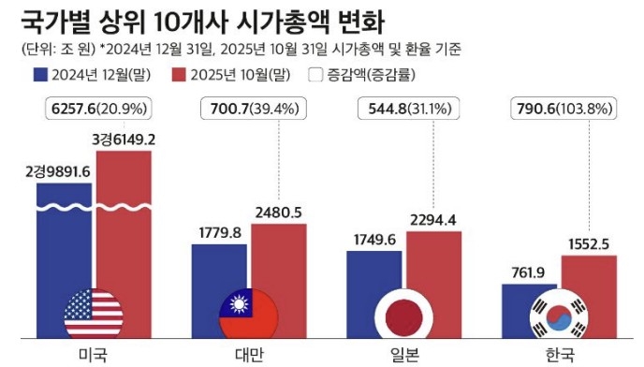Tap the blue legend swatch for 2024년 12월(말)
(41, 76)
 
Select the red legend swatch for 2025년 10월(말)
(182, 76)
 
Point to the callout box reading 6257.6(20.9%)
(96, 110)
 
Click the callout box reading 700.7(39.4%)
(250, 110)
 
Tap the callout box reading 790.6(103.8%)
(560, 110)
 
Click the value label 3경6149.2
(124, 139)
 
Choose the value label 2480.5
(277, 213)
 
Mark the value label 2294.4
(433, 220)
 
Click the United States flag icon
(94, 314)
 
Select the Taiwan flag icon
(248, 314)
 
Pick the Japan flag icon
(402, 314)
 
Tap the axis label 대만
(248, 354)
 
